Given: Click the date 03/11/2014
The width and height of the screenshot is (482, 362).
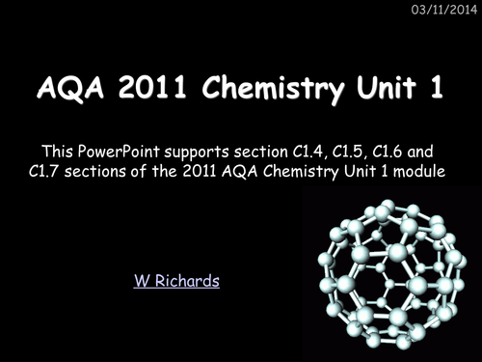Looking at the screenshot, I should point(444,11).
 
